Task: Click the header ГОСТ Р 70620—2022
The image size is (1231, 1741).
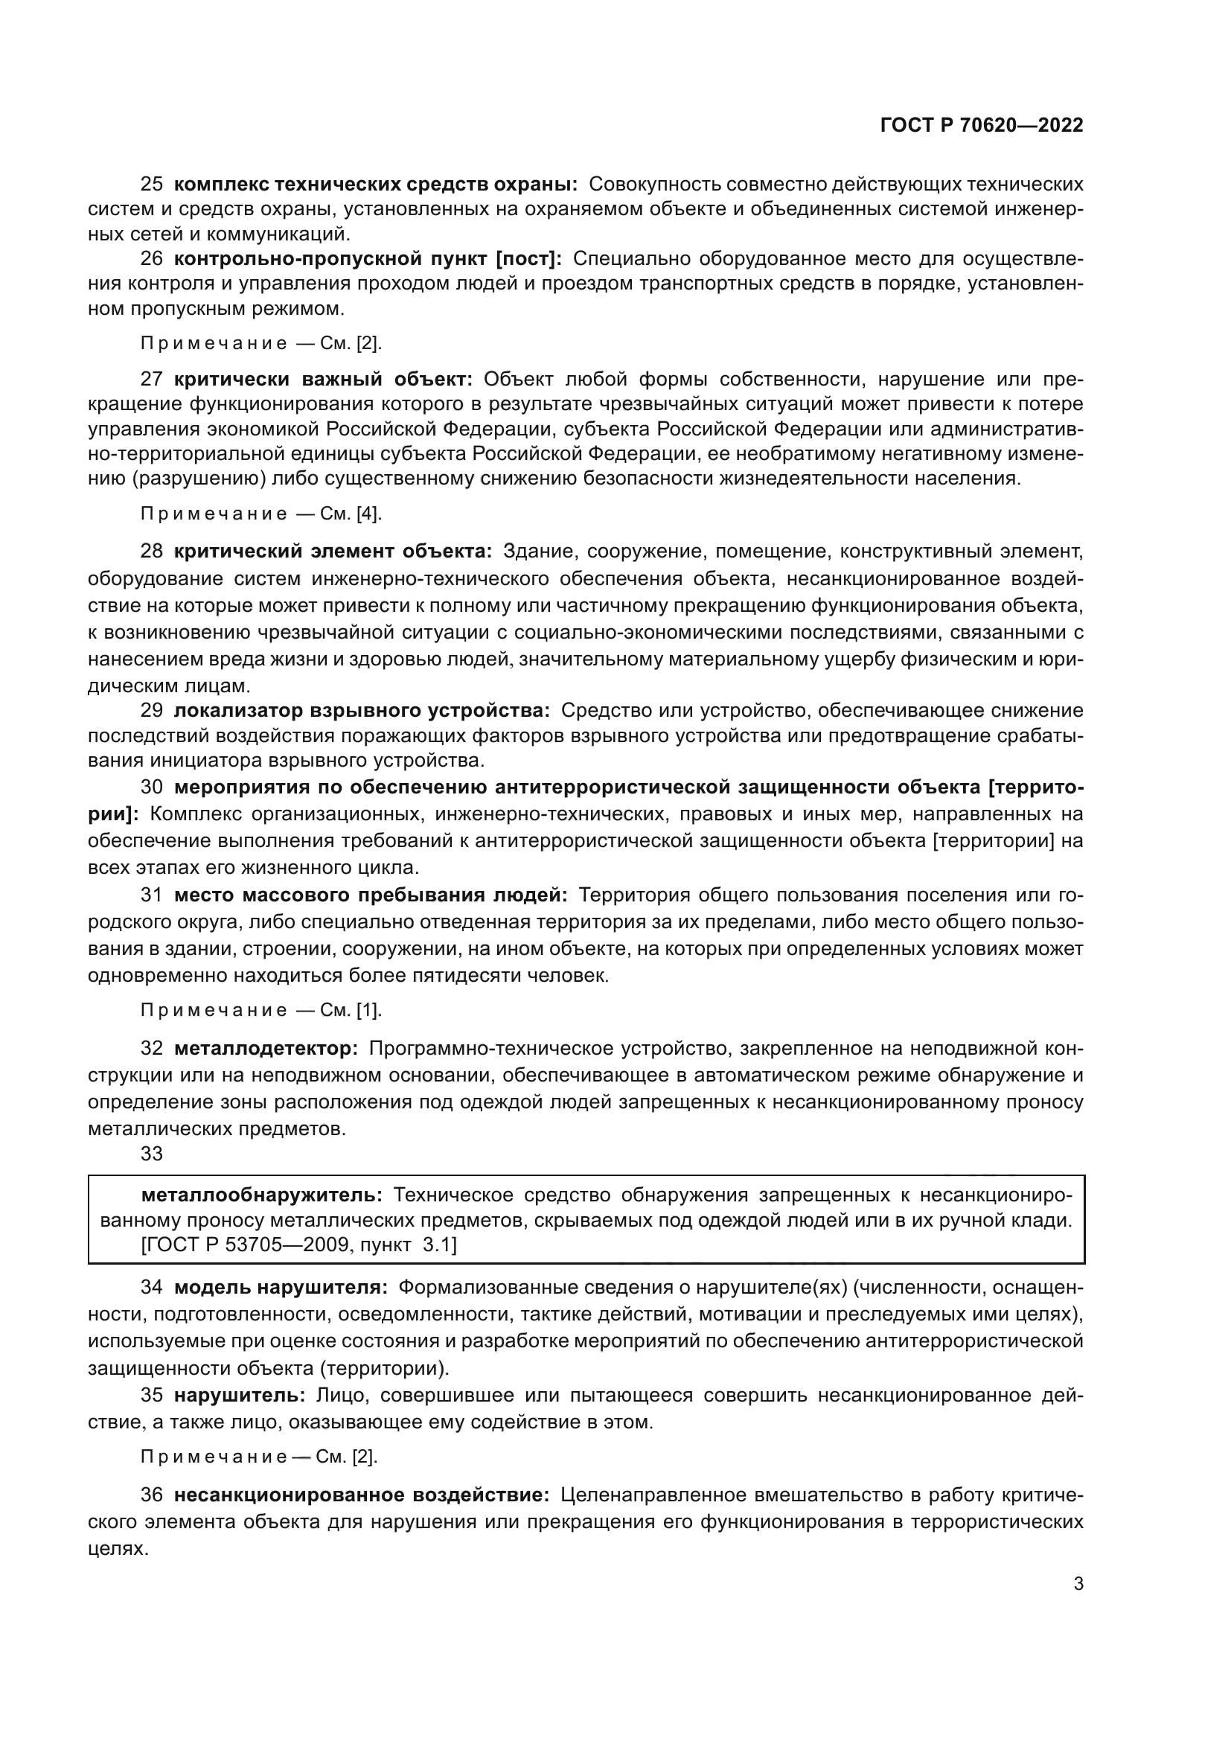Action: coord(981,125)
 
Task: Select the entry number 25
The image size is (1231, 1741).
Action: coord(152,185)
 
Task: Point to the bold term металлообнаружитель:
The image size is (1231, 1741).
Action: coord(262,1195)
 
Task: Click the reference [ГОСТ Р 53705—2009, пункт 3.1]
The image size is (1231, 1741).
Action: coord(299,1245)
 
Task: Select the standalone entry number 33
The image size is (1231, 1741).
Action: coord(152,1153)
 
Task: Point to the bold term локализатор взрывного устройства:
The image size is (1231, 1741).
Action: coord(362,711)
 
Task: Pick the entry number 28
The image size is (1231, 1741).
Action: coord(152,551)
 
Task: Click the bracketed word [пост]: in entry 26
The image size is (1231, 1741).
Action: coord(528,258)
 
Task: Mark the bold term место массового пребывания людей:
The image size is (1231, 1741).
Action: coord(371,895)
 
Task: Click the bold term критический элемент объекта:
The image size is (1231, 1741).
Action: coord(333,551)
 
